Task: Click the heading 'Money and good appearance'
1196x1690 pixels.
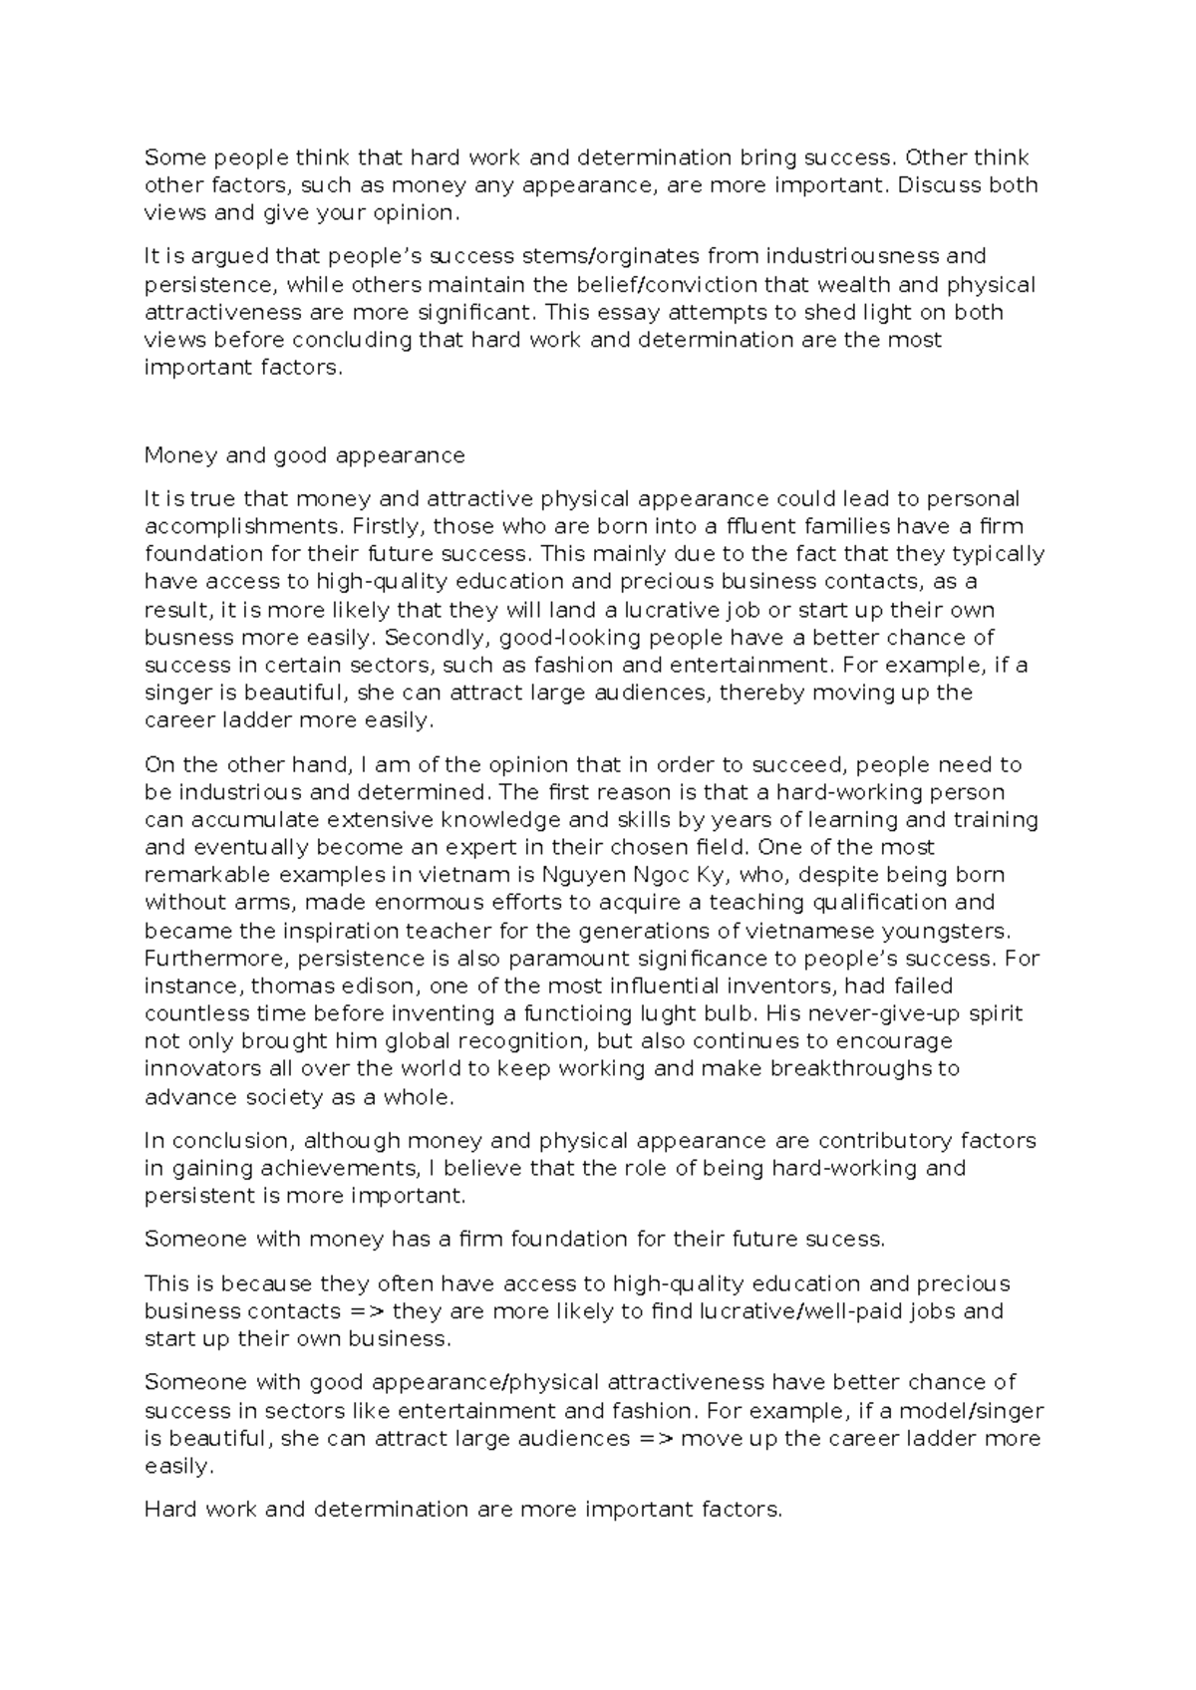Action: [305, 455]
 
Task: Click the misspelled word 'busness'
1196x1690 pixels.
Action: [186, 638]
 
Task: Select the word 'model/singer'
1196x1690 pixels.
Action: [979, 1411]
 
